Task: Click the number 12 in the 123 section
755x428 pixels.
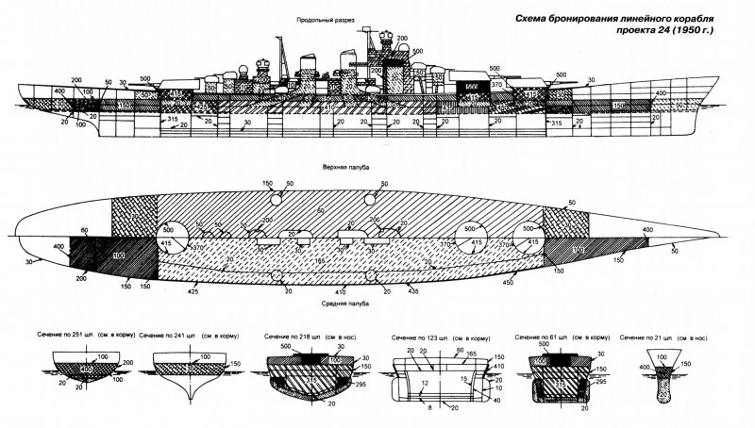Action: tap(425, 384)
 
